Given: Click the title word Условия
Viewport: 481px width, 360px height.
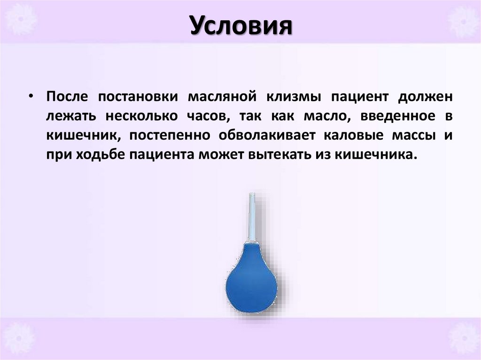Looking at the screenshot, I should (x=241, y=26).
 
